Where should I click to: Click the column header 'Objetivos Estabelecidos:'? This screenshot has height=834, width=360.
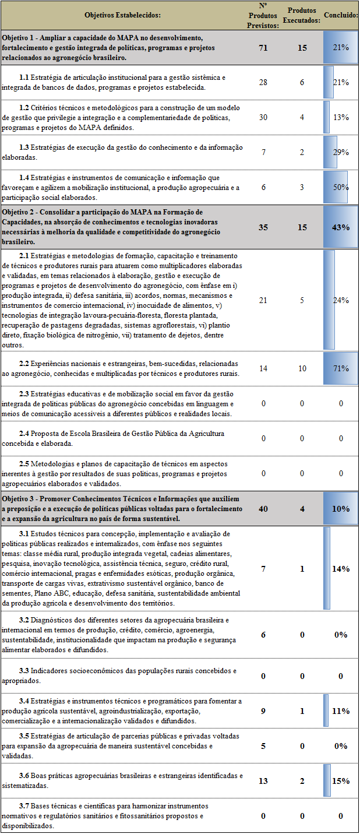point(122,15)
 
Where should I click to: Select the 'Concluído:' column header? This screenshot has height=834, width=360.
point(341,15)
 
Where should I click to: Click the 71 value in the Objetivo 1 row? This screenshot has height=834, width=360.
point(263,48)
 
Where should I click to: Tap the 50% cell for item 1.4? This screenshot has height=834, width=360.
point(341,187)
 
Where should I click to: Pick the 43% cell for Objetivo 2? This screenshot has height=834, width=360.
point(341,227)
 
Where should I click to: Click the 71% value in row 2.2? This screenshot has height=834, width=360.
point(341,368)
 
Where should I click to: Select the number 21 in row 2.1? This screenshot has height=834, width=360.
point(263,300)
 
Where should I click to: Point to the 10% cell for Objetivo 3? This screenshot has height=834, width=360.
point(341,508)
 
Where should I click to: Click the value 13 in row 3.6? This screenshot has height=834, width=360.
point(263,781)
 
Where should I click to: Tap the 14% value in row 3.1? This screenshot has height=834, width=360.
point(341,569)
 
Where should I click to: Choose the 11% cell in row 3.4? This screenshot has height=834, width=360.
point(341,711)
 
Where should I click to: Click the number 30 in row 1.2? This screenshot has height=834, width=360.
point(263,117)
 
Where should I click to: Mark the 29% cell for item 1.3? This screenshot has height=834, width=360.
point(341,152)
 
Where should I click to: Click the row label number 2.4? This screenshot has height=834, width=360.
point(24,434)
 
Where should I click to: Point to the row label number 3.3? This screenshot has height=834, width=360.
point(24,671)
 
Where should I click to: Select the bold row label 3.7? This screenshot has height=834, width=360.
point(24,806)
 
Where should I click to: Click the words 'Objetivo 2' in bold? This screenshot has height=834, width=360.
point(20,212)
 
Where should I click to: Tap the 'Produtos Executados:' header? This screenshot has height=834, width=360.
point(302,15)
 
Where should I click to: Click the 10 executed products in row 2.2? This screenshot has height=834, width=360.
point(302,368)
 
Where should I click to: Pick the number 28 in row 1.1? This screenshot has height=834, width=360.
point(263,82)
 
